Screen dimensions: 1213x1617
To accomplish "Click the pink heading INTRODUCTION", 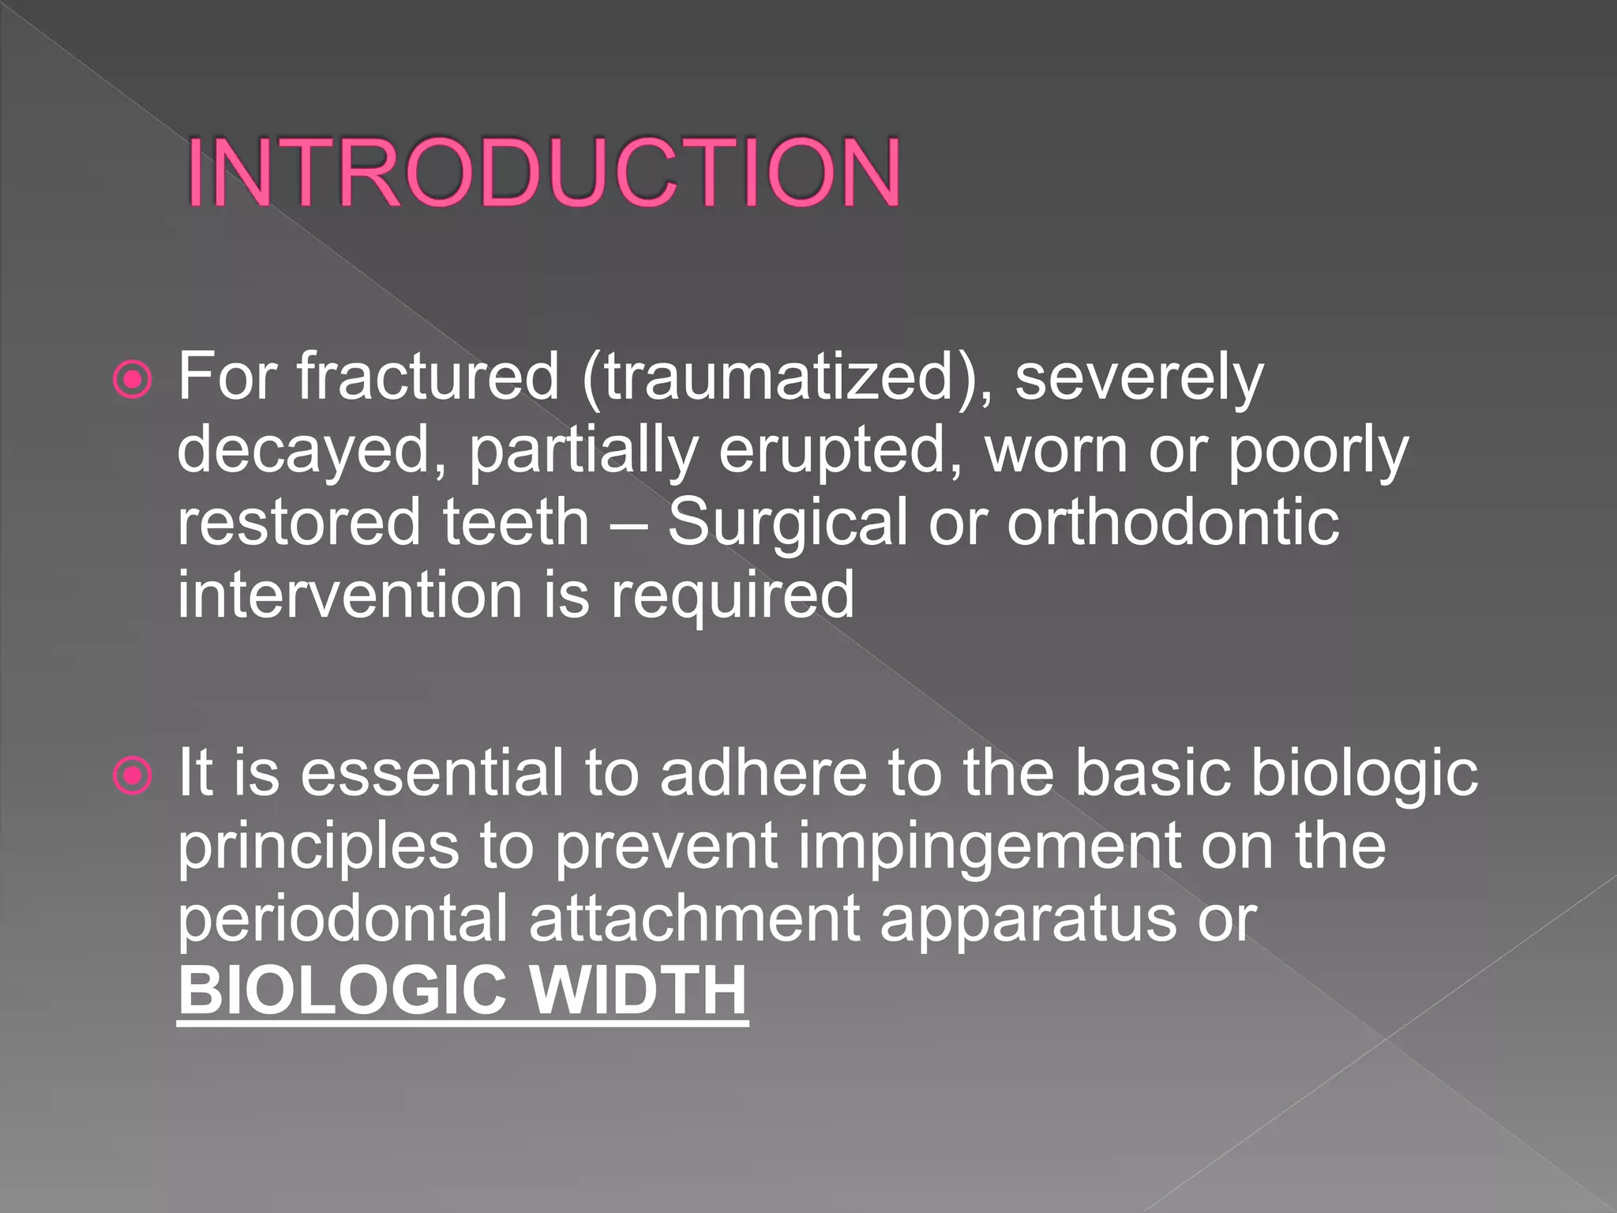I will (x=543, y=173).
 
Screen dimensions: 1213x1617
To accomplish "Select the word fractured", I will (x=428, y=377).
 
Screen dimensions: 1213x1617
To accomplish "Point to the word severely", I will (x=1139, y=378).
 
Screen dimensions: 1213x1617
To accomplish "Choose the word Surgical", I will (x=787, y=523).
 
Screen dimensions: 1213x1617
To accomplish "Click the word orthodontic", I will (x=1172, y=523).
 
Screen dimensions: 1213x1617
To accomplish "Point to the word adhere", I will (x=763, y=773).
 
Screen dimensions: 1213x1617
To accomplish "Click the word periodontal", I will (x=343, y=919).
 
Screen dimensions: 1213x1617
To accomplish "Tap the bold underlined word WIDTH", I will (x=637, y=990).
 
